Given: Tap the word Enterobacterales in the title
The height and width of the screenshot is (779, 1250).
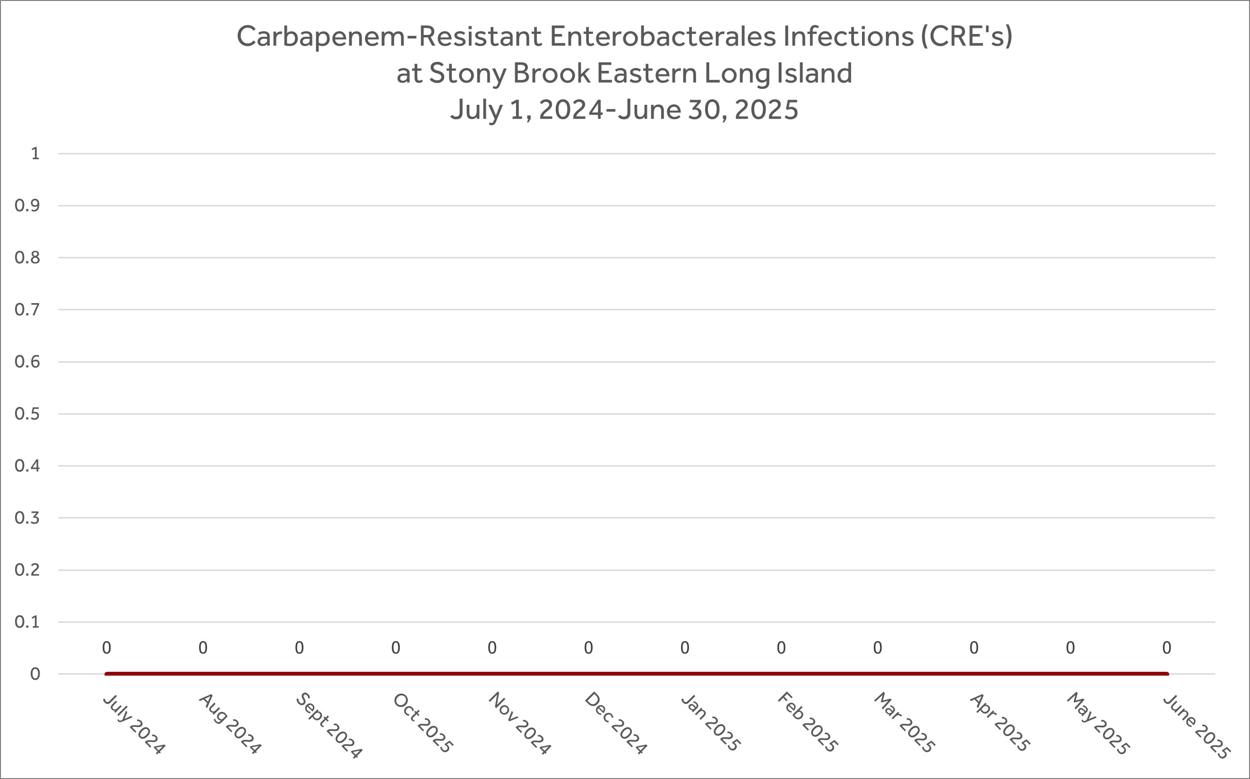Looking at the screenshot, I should [x=663, y=36].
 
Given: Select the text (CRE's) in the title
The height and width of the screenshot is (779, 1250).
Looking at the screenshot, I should [x=967, y=36].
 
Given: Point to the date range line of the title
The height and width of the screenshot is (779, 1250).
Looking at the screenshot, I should [x=624, y=110].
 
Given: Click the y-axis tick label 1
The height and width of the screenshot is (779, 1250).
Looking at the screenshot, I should [x=35, y=153].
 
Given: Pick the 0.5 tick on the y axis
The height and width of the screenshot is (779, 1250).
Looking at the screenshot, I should [x=27, y=414].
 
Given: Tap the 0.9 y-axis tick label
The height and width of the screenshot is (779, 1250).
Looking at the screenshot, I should [x=27, y=205].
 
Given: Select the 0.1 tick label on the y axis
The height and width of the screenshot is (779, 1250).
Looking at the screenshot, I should [x=27, y=622].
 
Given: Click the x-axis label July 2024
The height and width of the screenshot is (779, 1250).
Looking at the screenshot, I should [x=134, y=724].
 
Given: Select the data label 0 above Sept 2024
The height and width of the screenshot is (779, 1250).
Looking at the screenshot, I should [x=299, y=648].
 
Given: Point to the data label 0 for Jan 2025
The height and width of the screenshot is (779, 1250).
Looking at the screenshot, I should [x=685, y=648].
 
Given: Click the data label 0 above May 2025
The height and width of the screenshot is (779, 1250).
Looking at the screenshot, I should [x=1070, y=648].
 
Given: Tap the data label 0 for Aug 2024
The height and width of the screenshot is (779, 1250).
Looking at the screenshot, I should [x=203, y=648].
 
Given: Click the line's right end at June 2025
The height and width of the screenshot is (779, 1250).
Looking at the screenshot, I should [x=1166, y=674].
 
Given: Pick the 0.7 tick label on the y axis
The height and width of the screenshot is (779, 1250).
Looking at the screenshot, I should [x=27, y=310].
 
